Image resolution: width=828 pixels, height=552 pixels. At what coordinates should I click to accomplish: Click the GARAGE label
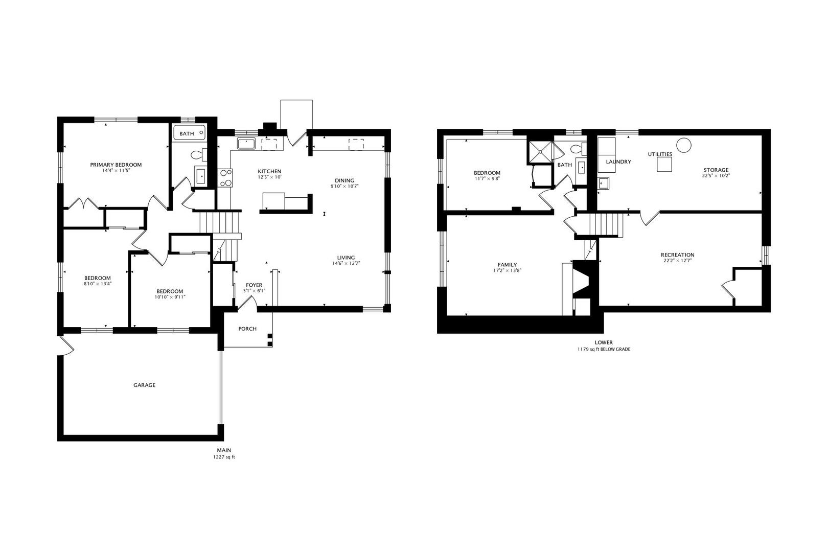tap(144, 385)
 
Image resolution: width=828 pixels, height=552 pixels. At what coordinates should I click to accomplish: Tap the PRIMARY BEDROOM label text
tap(116, 165)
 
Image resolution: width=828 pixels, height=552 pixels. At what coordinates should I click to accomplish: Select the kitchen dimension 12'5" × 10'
tap(269, 177)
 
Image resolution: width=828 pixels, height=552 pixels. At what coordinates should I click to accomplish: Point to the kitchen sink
tap(246, 144)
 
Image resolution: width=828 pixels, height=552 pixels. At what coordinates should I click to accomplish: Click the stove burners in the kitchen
tap(225, 178)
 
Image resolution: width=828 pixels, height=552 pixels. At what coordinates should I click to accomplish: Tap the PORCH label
tap(247, 329)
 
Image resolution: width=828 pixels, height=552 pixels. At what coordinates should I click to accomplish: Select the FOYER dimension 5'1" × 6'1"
tap(254, 291)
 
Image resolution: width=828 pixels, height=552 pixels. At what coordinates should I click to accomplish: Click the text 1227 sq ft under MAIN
tap(224, 457)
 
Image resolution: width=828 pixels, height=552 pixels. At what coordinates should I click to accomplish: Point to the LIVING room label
tap(346, 258)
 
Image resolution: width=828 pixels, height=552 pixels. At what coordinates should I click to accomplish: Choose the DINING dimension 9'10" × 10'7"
tap(344, 187)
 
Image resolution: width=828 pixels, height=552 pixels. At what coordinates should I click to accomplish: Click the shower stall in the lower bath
tap(540, 152)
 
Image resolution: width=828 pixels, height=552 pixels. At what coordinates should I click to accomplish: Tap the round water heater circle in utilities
tap(683, 145)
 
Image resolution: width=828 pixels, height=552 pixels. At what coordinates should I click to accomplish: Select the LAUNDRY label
tap(618, 162)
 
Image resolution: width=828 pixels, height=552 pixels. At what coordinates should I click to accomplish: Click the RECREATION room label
tap(678, 255)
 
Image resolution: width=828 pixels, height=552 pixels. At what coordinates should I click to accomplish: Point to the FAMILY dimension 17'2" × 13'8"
tap(507, 270)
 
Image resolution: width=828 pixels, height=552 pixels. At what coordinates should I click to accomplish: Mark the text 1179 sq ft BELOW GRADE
tap(604, 349)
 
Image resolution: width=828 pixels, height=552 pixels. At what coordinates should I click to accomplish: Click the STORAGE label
tap(716, 170)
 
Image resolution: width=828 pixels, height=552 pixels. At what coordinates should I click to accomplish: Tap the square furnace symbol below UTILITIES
tap(664, 164)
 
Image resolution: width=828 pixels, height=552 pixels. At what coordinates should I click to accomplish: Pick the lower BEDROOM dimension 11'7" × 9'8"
tap(487, 178)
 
